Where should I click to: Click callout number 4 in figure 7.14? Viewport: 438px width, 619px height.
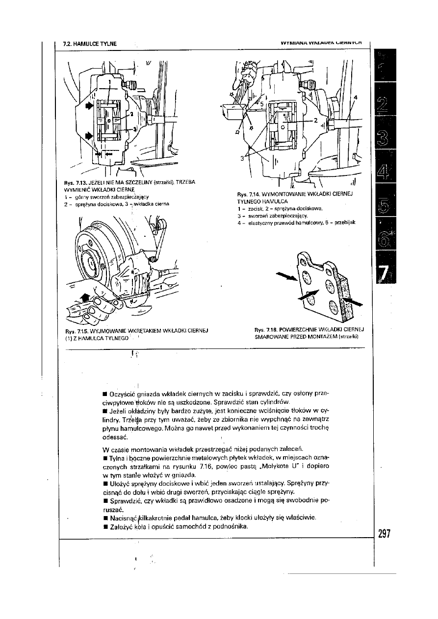click(x=356, y=97)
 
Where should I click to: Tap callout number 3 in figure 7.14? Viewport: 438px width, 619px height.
click(x=242, y=158)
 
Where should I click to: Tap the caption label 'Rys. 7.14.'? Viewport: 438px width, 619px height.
click(x=247, y=194)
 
